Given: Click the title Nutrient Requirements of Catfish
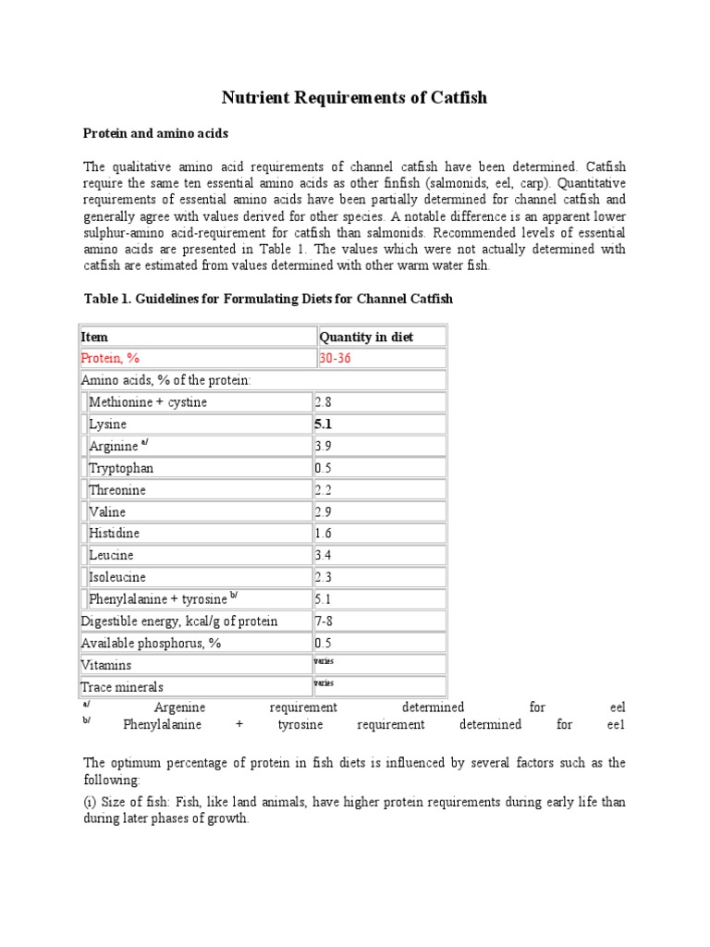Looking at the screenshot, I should pyautogui.click(x=354, y=97).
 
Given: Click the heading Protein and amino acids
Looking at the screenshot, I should pyautogui.click(x=155, y=134).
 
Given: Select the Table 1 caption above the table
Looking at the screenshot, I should pyautogui.click(x=268, y=300).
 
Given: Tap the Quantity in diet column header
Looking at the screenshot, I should pyautogui.click(x=366, y=337).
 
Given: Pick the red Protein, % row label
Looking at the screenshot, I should pyautogui.click(x=111, y=359).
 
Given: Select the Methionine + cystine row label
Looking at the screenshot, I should pyautogui.click(x=148, y=402).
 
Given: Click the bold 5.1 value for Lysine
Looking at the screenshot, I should pyautogui.click(x=324, y=424).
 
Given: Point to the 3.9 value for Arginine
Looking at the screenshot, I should pyautogui.click(x=323, y=446).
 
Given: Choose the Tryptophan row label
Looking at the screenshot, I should pyautogui.click(x=121, y=468).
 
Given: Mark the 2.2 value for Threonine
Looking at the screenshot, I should pyautogui.click(x=323, y=490).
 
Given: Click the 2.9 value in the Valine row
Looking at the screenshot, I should pyautogui.click(x=323, y=511).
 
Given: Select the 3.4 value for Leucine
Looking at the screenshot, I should pyautogui.click(x=323, y=555).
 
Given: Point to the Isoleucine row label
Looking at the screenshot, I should pyautogui.click(x=118, y=577).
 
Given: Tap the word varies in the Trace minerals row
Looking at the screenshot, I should pyautogui.click(x=324, y=683).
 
